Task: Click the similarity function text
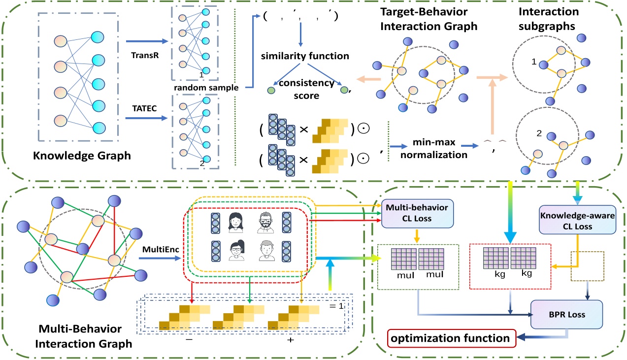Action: tap(305, 56)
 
